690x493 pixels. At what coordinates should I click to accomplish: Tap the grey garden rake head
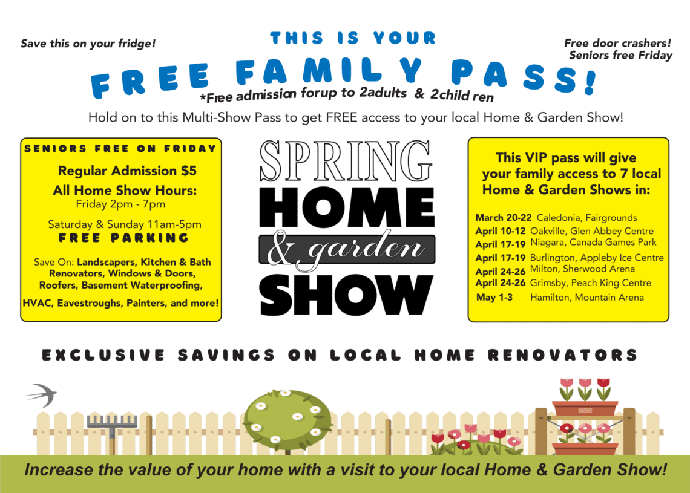[x=112, y=421]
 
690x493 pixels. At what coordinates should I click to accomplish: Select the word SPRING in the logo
[x=346, y=162]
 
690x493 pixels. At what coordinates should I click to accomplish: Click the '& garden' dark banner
[x=347, y=249]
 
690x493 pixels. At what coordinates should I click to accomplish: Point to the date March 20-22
[x=504, y=217]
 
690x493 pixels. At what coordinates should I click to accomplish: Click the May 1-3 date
[x=494, y=297]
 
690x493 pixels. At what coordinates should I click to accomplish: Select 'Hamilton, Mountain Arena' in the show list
[x=586, y=297]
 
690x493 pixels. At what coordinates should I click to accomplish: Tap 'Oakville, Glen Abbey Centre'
[x=592, y=231]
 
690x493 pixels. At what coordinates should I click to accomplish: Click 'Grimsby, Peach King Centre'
[x=590, y=282]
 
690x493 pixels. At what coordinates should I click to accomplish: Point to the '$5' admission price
[x=189, y=171]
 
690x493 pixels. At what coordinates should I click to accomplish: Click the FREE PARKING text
[x=123, y=238]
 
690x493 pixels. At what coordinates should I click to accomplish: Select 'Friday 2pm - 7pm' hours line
[x=120, y=204]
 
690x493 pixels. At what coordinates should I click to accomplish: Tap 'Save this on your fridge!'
[x=88, y=44]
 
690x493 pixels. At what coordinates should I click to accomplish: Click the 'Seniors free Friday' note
[x=620, y=56]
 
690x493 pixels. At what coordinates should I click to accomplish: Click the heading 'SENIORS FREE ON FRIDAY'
[x=120, y=149]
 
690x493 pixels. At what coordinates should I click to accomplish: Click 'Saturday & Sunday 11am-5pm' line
[x=125, y=224]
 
